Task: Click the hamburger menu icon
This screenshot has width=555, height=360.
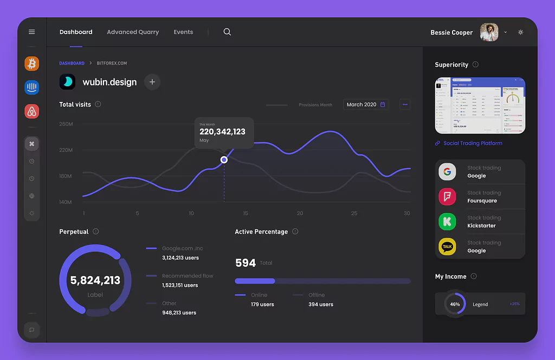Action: coord(31,32)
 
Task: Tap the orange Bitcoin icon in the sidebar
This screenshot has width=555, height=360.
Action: coord(32,63)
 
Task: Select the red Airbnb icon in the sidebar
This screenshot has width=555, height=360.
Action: coord(32,112)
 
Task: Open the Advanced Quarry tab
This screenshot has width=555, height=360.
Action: coord(133,32)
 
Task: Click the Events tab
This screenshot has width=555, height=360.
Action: coord(183,32)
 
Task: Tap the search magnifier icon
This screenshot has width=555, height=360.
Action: coord(227,32)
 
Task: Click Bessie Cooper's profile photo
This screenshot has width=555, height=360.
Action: coord(489,32)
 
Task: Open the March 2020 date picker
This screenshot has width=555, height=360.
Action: coord(366,104)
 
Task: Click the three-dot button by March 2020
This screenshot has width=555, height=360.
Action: coord(405,104)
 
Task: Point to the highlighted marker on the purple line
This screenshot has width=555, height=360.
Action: coord(224,159)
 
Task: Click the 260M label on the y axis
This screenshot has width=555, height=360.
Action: coord(66,124)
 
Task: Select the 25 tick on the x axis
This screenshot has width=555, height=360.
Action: coord(354,213)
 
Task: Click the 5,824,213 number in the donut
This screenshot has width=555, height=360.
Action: coord(95,280)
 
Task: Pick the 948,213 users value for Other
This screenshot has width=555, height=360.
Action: coord(179,313)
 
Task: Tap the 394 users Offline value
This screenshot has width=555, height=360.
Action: coord(321,304)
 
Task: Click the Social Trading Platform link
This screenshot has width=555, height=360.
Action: coord(473,143)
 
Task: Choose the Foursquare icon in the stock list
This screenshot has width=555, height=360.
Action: coord(447,197)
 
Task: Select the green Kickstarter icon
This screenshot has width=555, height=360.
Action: coord(447,222)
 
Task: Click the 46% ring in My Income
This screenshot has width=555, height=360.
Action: coord(455,304)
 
